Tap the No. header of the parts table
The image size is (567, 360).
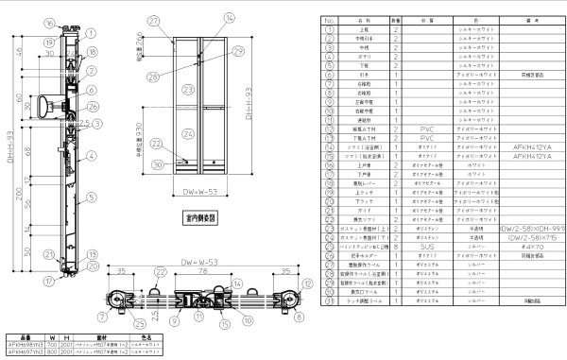coord(328,18)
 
